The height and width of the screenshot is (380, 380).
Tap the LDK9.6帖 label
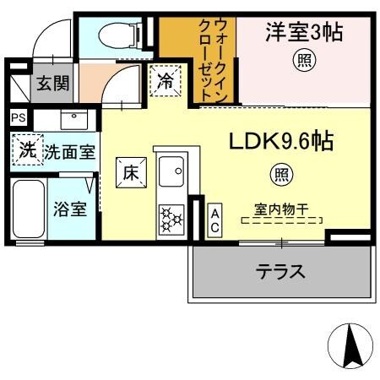[x=279, y=141]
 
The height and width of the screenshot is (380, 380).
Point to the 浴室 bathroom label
[x=70, y=209]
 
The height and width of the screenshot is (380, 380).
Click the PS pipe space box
[x=18, y=118]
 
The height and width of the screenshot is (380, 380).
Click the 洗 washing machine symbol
[x=27, y=152]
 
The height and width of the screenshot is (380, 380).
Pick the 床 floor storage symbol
[x=131, y=173]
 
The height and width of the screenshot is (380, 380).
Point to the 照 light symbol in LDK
[x=278, y=175]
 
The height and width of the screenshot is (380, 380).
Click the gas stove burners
[x=172, y=219]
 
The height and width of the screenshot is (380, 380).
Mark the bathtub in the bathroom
[x=29, y=209]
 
